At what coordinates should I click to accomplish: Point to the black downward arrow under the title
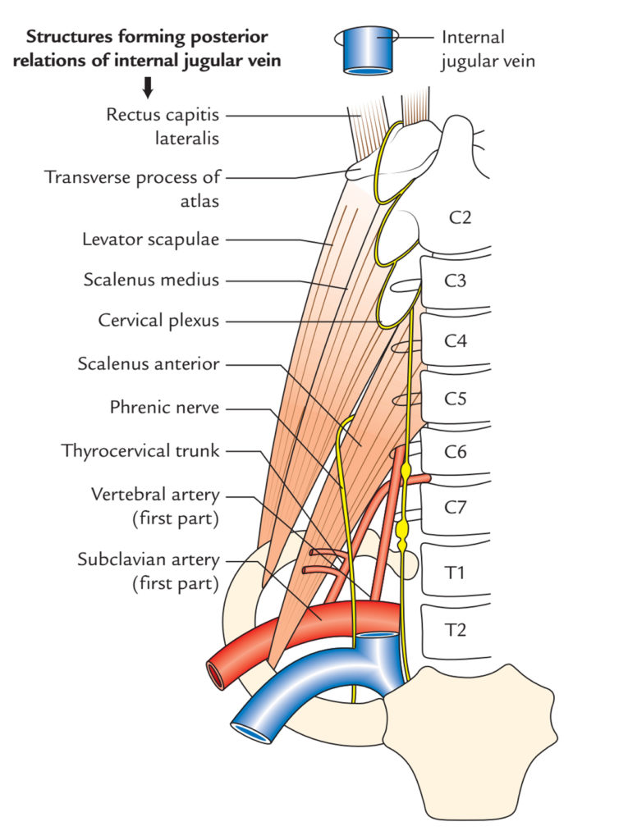tap(149, 87)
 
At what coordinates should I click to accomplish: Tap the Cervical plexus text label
tap(158, 321)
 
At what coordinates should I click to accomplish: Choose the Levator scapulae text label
tap(151, 240)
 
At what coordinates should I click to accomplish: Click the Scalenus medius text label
tap(152, 280)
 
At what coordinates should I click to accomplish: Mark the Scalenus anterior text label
tap(149, 363)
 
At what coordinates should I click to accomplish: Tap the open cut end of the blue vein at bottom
tap(251, 732)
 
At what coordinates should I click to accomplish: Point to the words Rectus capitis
tap(163, 114)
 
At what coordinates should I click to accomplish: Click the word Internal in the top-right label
tap(472, 38)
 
